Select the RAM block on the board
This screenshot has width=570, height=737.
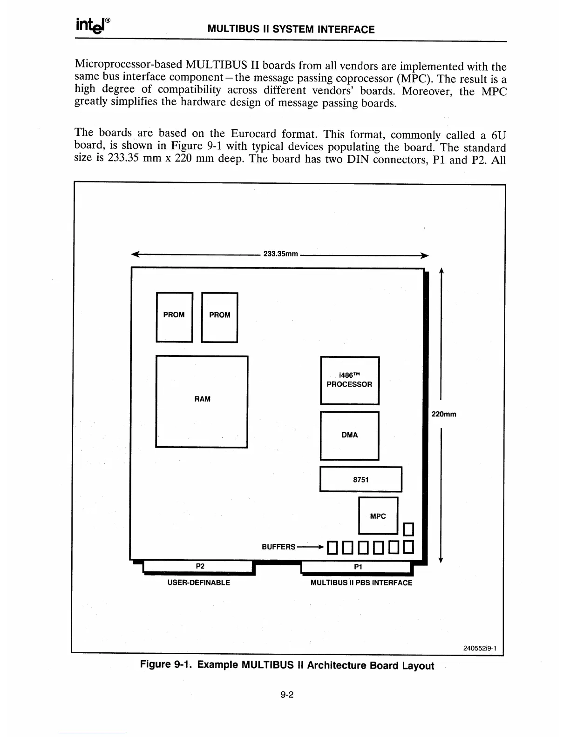click(202, 401)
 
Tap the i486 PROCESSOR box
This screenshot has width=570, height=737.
click(350, 380)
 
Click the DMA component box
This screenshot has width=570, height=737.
click(350, 435)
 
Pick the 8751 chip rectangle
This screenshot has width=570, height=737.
click(361, 479)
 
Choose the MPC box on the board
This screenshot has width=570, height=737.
click(378, 516)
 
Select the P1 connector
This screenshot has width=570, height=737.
click(357, 567)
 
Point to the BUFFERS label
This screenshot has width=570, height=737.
click(278, 547)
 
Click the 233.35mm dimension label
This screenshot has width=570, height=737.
click(281, 254)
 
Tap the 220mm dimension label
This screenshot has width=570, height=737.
click(444, 414)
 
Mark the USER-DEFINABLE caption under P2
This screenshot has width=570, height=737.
click(198, 583)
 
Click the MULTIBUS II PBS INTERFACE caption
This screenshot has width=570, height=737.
click(361, 583)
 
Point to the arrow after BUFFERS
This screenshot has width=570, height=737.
click(310, 547)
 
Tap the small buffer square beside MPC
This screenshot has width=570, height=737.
click(408, 530)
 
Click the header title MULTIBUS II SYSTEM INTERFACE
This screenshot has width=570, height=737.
click(291, 30)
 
